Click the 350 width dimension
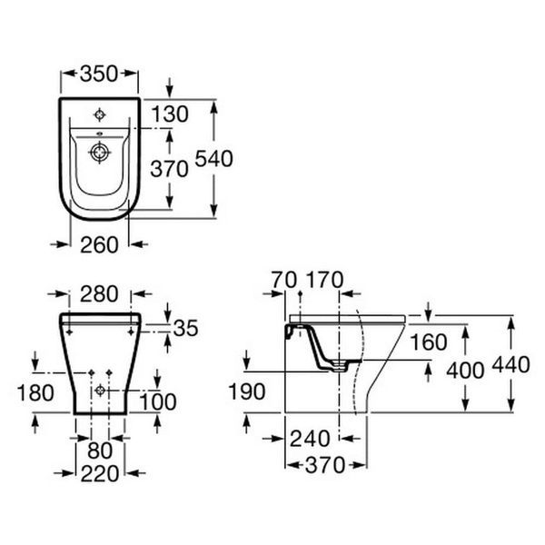(x=99, y=74)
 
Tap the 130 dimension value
(x=170, y=114)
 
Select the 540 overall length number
(x=213, y=159)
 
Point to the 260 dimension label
(x=99, y=245)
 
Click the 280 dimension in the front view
(x=99, y=294)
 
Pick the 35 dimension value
(x=185, y=328)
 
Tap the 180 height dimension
(x=35, y=393)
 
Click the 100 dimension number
(x=158, y=401)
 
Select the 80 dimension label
(x=100, y=451)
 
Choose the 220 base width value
(x=100, y=474)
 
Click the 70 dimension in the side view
(x=284, y=280)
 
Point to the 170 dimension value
(x=324, y=280)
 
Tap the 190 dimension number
(x=247, y=391)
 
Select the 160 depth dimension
(x=429, y=342)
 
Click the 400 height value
(x=465, y=371)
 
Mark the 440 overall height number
(x=510, y=365)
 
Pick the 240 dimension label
(x=310, y=439)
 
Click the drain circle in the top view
(x=100, y=153)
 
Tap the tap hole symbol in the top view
(x=100, y=114)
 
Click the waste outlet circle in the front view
(x=100, y=391)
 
